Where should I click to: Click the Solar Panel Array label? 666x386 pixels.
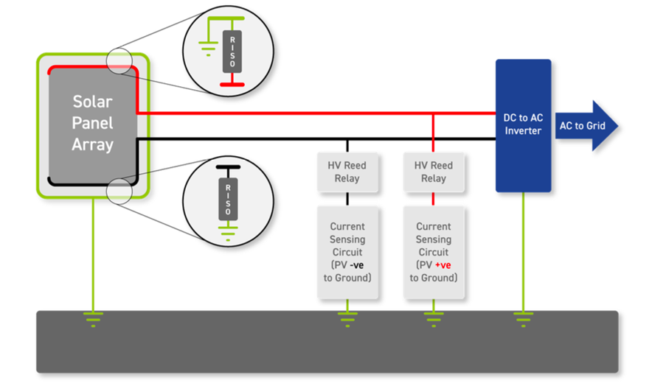92,122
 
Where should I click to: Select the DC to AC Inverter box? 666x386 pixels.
523,125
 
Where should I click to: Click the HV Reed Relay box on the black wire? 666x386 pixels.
347,172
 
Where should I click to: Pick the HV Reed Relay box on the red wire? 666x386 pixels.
433,172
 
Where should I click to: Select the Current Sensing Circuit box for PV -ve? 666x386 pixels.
347,252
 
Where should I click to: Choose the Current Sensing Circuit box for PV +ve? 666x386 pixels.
433,252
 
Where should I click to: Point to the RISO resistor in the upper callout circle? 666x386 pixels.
232,52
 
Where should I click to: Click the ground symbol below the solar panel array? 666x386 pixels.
92,318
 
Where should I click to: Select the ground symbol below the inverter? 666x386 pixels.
523,318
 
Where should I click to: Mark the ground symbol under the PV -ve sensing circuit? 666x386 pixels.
347,318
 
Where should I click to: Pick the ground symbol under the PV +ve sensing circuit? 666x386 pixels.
433,318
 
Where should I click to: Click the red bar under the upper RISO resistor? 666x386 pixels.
232,85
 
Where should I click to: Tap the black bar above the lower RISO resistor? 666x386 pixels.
227,167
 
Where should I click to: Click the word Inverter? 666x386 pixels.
523,131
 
